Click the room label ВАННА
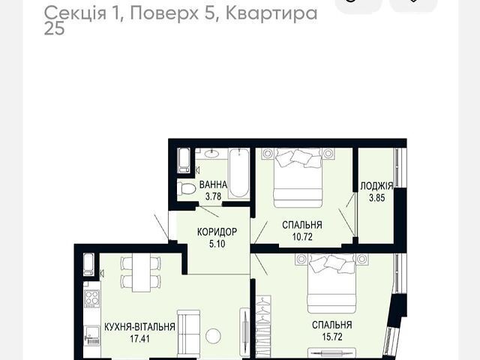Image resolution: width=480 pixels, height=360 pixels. click(x=213, y=185)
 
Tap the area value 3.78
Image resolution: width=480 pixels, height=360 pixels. click(x=213, y=196)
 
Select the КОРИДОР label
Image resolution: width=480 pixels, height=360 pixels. click(x=217, y=232)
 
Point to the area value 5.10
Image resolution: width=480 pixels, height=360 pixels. click(x=217, y=244)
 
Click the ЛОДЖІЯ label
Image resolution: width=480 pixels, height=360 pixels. click(x=376, y=186)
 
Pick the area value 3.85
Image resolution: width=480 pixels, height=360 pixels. click(x=376, y=198)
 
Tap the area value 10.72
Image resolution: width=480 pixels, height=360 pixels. click(x=302, y=237)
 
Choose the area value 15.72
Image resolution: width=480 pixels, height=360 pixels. click(x=332, y=337)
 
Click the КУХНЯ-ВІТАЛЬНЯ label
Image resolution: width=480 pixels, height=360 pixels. click(x=140, y=327)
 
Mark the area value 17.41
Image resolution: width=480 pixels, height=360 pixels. click(x=140, y=339)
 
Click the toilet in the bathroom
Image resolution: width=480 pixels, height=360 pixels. click(x=187, y=189)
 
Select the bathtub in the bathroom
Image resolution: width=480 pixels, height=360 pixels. click(x=239, y=173)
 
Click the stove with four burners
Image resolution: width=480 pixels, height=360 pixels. click(x=92, y=298)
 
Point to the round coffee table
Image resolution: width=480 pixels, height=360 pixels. click(x=213, y=336)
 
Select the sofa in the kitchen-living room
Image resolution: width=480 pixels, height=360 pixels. click(x=188, y=334)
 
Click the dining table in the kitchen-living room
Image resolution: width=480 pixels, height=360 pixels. click(x=142, y=272)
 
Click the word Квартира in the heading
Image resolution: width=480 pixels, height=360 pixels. click(x=271, y=13)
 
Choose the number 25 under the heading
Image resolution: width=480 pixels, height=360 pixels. click(x=55, y=28)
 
